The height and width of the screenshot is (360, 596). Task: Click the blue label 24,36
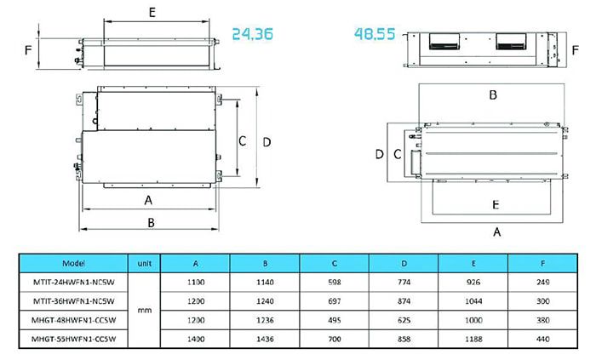point(255,35)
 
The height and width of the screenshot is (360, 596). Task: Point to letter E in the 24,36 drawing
point(151,12)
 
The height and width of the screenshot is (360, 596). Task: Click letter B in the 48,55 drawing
point(492,95)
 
